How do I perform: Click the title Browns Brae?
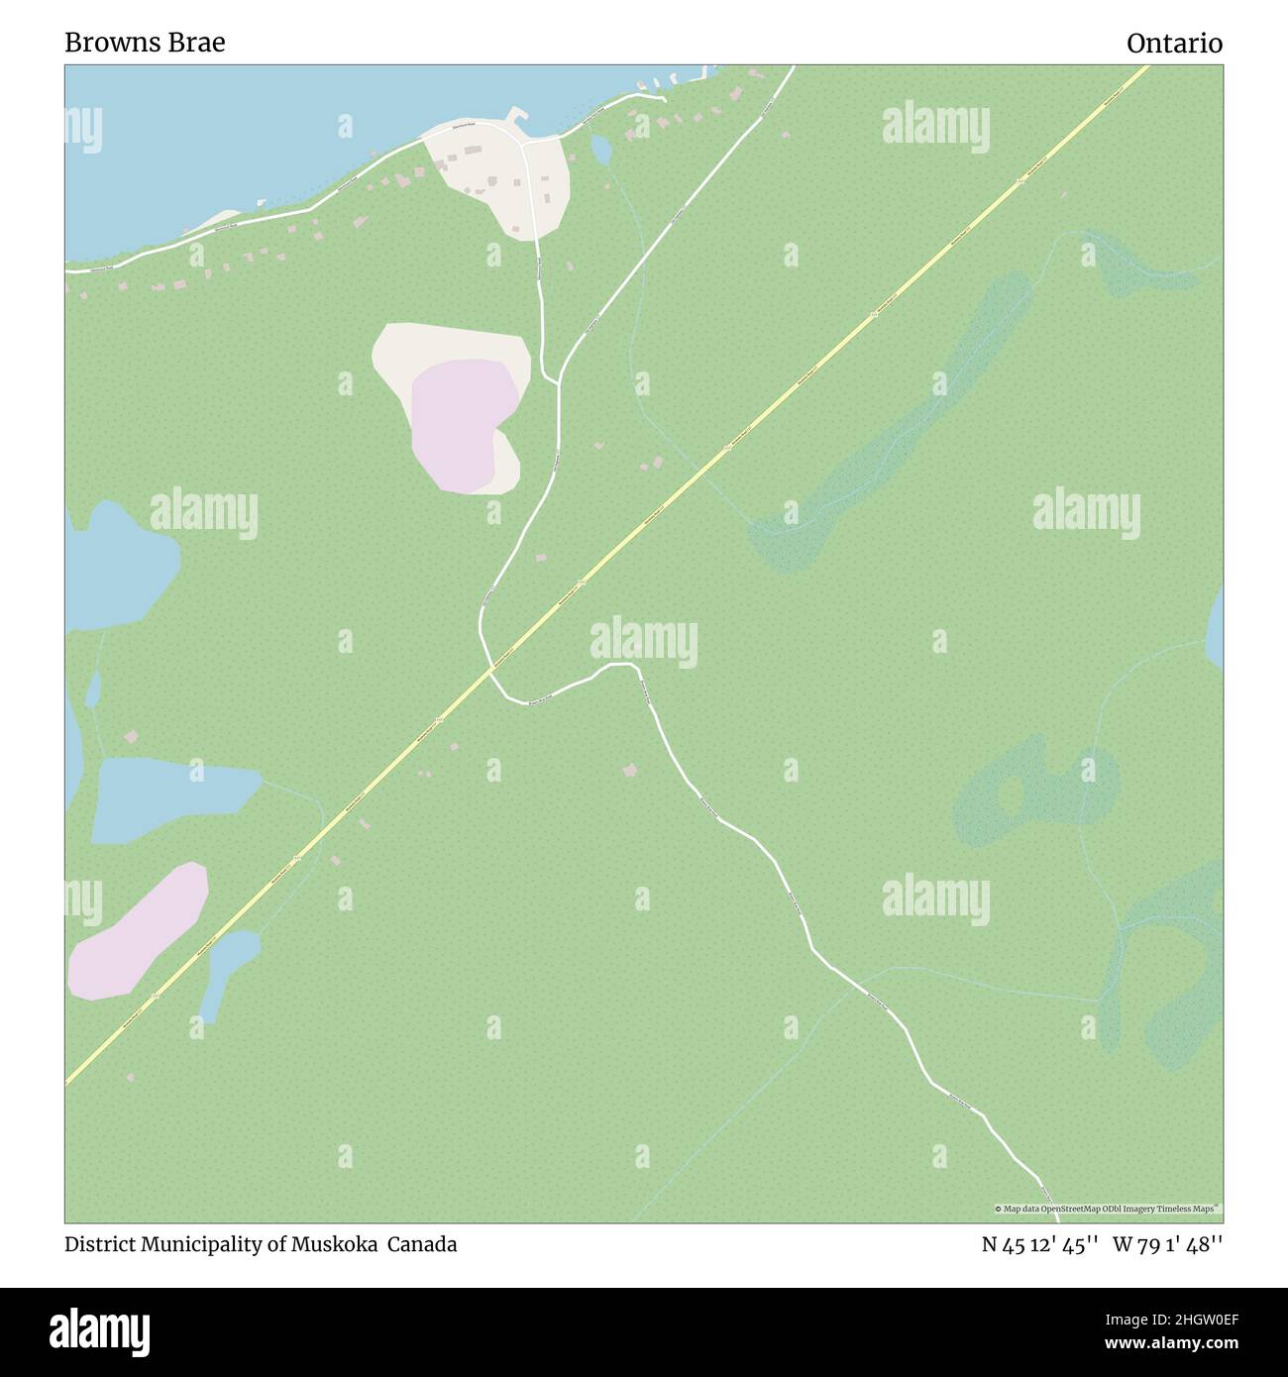point(145,43)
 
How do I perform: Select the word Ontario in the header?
point(1174,44)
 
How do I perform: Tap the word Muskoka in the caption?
point(334,1244)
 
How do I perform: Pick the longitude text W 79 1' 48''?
point(1167,1244)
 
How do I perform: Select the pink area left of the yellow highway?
point(138,931)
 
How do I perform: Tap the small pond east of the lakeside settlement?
point(600,149)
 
